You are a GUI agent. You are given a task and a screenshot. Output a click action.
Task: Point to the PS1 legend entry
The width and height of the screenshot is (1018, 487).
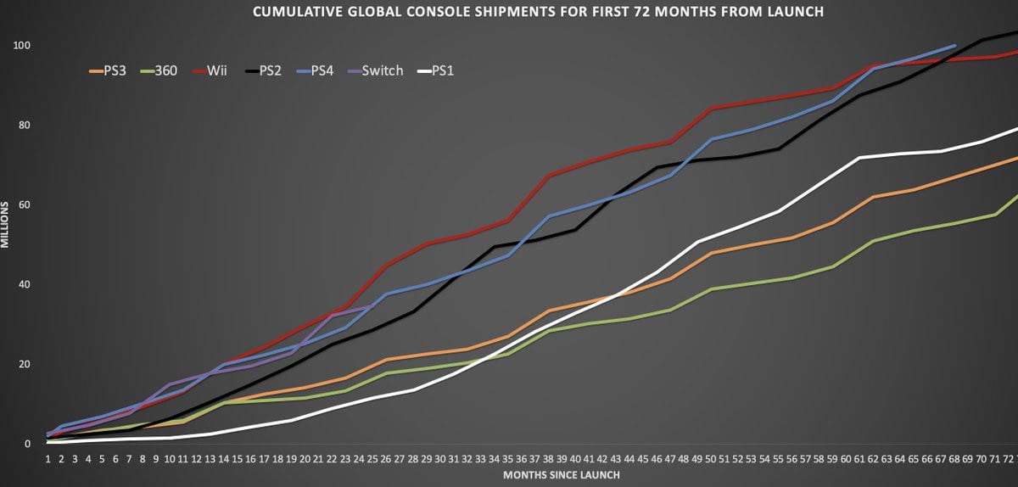click(x=442, y=71)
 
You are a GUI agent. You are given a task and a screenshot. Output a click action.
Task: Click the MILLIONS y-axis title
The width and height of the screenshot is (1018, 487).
click(x=5, y=225)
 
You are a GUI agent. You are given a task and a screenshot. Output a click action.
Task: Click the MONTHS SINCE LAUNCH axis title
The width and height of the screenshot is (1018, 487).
click(x=561, y=474)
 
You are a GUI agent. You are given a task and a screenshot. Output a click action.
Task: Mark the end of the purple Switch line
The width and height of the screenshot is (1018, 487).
click(x=373, y=307)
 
